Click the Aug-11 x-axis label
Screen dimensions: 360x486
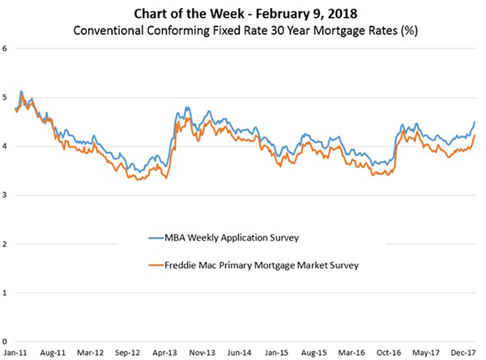pos(52,354)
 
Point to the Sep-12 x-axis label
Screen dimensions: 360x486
pos(128,354)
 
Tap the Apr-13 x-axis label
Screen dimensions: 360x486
pos(165,354)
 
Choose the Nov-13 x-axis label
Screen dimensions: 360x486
pos(202,354)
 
